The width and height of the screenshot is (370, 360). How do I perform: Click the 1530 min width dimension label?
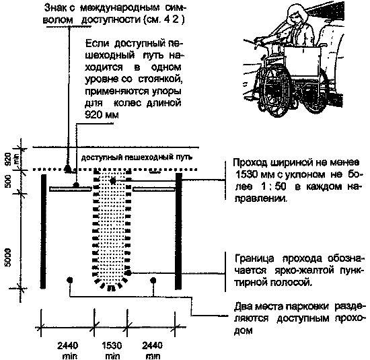tap(112, 351)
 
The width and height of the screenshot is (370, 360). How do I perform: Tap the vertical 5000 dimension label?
tap(8, 257)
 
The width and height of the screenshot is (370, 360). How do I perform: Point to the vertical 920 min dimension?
tap(10, 158)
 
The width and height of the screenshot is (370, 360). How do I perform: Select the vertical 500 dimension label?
tap(8, 181)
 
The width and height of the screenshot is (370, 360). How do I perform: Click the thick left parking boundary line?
tap(43, 231)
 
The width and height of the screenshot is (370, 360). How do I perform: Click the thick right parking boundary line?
tap(178, 231)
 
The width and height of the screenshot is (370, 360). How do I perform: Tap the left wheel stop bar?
tap(71, 189)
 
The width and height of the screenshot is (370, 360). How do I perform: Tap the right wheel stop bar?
tap(154, 189)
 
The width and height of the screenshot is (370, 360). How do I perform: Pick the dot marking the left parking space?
tap(69, 280)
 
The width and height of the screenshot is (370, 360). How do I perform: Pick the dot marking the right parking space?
tap(153, 280)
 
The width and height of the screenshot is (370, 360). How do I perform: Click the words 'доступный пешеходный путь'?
tap(137, 157)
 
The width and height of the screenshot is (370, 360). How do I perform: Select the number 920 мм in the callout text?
tap(102, 115)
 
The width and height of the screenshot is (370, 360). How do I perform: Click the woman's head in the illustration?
tap(297, 15)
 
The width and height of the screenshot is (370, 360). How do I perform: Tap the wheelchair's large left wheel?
tap(274, 93)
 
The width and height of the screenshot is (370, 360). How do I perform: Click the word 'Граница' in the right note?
tap(254, 258)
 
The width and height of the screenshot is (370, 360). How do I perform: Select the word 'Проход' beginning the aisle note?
tap(251, 162)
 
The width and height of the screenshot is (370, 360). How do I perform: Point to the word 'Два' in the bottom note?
tap(244, 306)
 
